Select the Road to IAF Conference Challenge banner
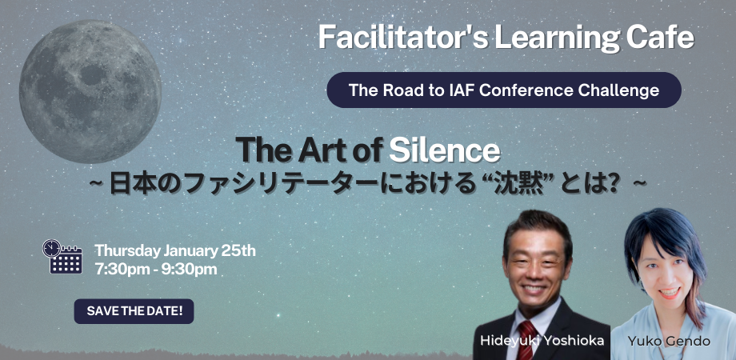(504, 90)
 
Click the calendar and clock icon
(62, 257)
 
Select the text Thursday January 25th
(175, 250)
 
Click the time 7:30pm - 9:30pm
(156, 269)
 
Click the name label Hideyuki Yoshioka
(542, 342)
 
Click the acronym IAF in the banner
(449, 90)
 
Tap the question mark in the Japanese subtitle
(608, 183)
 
